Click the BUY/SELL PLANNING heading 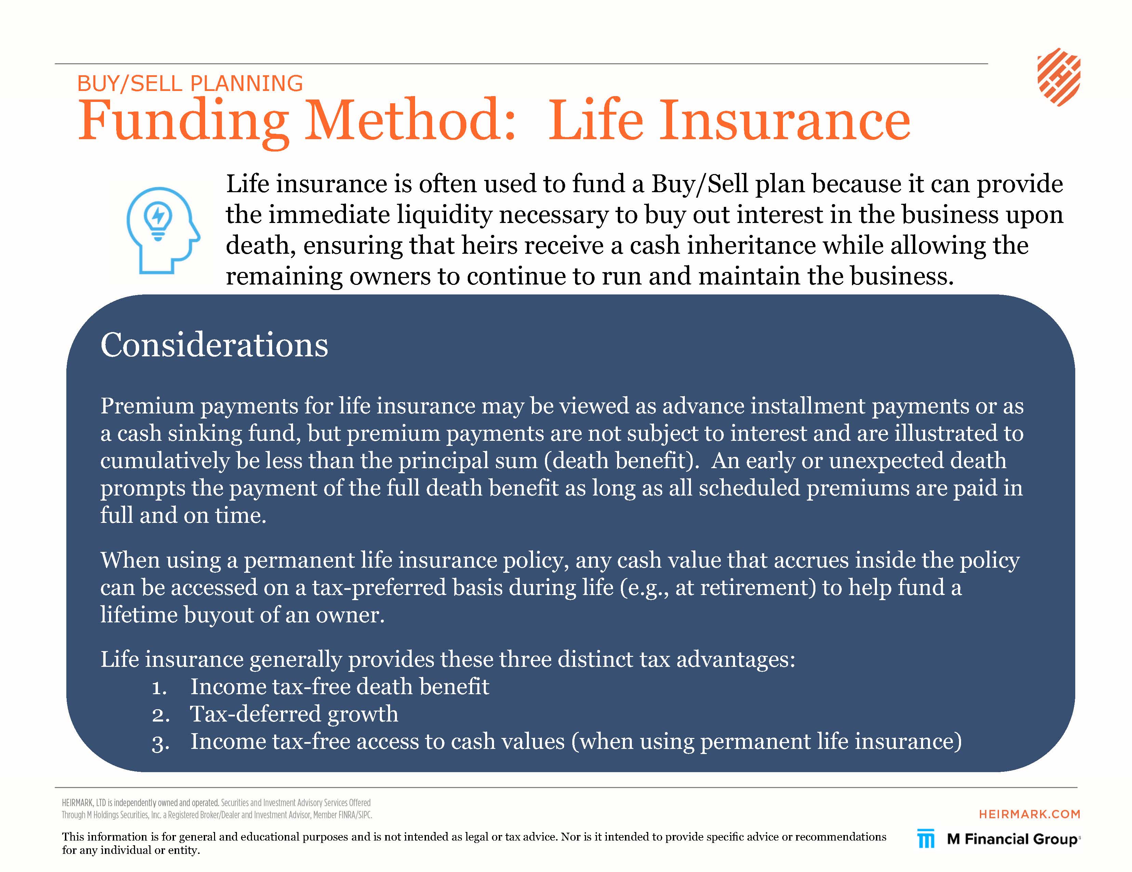pos(190,83)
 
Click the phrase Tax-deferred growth pos(294,714)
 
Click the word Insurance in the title pos(784,120)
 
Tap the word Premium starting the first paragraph pos(147,406)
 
